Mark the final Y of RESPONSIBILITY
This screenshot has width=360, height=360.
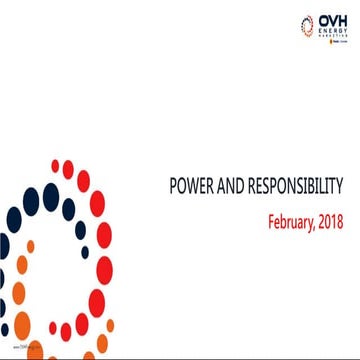(x=342, y=186)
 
